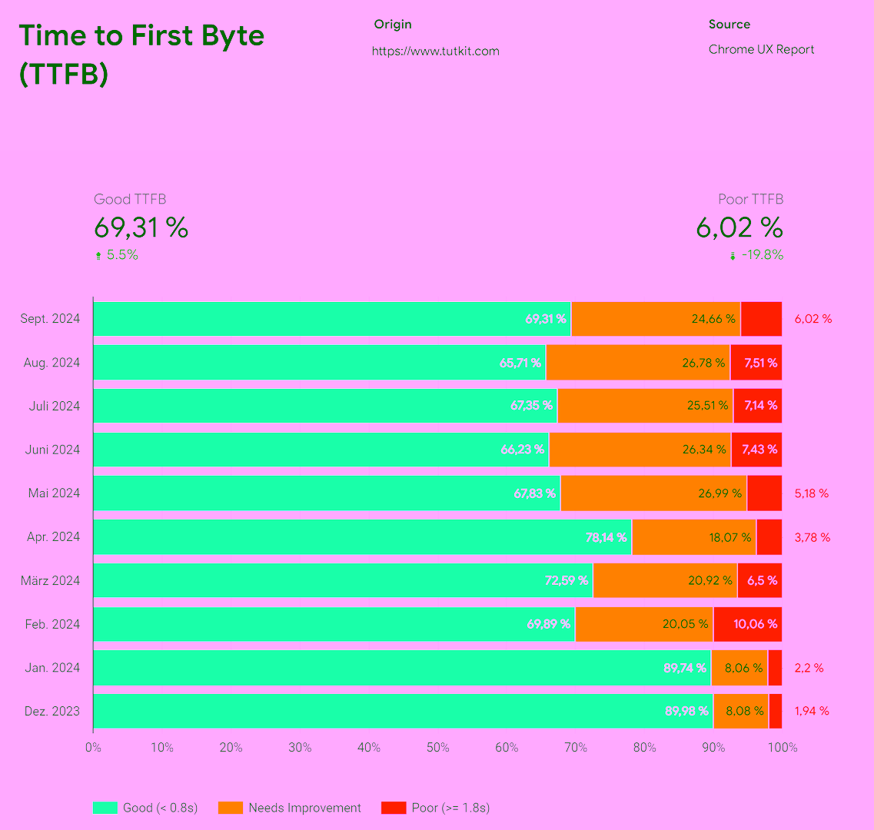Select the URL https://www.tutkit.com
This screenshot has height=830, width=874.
435,51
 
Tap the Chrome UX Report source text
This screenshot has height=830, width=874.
761,49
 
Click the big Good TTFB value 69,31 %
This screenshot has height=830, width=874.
141,227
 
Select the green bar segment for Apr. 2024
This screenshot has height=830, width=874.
361,536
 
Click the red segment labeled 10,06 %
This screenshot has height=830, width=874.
747,624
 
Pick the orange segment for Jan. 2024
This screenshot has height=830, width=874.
739,668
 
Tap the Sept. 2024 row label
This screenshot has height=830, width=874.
50,319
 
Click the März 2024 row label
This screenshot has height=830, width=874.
50,580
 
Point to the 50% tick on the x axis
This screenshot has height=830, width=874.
437,748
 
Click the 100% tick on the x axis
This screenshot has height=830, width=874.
782,748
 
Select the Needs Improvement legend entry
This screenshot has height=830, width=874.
304,808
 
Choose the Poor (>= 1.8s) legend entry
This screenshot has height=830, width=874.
450,808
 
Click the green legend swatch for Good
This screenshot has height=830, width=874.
105,808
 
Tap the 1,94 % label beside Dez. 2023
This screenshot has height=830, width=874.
811,711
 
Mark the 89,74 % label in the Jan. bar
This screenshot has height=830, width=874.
685,668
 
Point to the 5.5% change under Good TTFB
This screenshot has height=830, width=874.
121,255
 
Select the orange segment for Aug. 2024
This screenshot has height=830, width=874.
637,363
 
